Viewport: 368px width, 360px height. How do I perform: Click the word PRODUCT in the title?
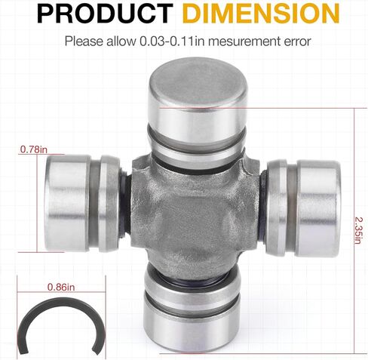click(105, 13)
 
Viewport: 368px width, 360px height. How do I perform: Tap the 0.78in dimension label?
click(34, 149)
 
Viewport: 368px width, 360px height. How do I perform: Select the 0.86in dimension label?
click(61, 287)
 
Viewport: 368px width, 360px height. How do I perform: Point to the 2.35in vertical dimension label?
click(357, 230)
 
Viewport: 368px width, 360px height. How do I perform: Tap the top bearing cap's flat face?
click(198, 82)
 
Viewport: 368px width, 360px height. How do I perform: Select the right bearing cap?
click(318, 209)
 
